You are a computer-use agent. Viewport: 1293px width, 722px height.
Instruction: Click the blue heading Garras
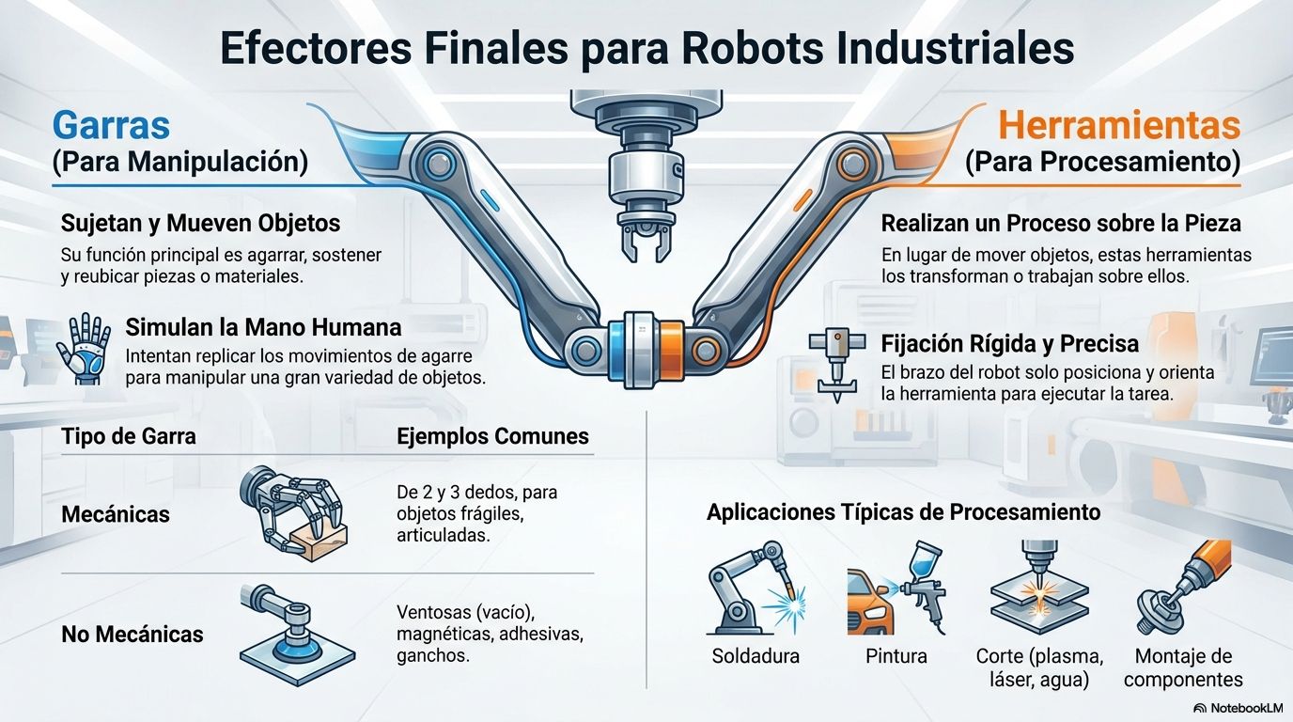[x=111, y=126]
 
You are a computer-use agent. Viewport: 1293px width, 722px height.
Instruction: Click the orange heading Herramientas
[x=1118, y=126]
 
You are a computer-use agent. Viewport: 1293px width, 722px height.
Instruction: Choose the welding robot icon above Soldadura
[x=755, y=589]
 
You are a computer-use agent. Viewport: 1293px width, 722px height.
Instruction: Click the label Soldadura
[x=756, y=656]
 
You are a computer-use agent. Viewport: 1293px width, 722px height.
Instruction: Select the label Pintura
[x=896, y=656]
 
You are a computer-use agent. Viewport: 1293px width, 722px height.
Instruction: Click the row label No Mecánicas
[x=132, y=635]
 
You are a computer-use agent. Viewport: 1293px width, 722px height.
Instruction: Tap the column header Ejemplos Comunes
[x=492, y=436]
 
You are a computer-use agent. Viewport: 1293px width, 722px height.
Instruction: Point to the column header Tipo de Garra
[x=129, y=436]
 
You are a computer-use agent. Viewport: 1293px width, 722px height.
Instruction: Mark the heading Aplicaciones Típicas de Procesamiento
[x=903, y=512]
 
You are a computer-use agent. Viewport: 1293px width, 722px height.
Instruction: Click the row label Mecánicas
[x=116, y=514]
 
